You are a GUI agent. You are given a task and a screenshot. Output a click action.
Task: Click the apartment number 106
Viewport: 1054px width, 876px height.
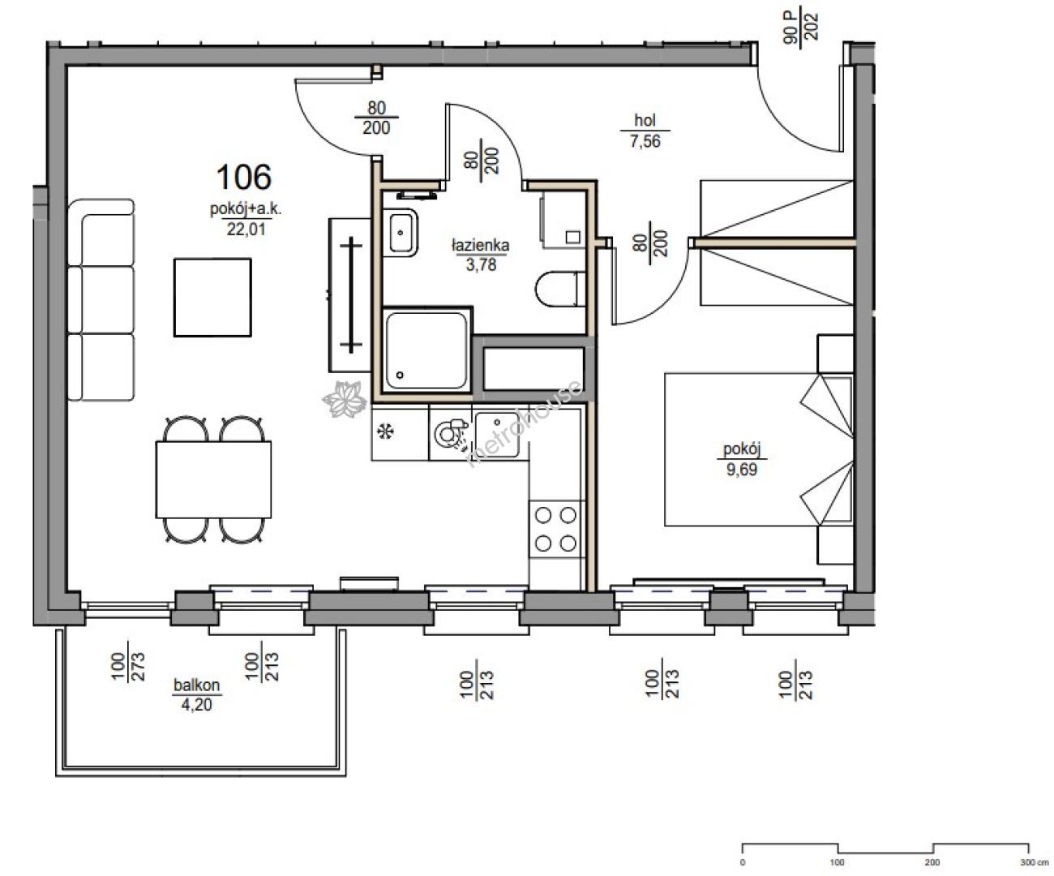point(244,177)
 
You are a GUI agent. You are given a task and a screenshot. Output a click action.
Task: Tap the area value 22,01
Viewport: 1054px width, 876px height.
point(246,230)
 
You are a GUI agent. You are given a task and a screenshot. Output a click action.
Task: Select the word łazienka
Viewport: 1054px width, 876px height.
point(481,246)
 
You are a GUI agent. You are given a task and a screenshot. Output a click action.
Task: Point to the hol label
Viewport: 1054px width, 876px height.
point(645,120)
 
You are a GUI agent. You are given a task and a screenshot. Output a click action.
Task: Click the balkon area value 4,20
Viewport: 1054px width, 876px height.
point(196,704)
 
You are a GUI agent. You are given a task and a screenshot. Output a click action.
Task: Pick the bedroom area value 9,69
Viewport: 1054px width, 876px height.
point(742,470)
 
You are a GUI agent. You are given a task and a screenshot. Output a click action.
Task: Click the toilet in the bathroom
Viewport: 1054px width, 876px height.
point(560,289)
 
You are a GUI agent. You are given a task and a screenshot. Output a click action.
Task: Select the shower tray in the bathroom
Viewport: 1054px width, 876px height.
point(426,350)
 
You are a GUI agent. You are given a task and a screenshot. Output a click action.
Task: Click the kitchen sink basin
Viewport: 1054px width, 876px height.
point(497,435)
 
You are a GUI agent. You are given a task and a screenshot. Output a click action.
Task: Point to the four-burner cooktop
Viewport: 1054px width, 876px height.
point(555,529)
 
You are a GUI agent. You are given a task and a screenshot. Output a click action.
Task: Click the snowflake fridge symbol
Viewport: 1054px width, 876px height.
point(386,432)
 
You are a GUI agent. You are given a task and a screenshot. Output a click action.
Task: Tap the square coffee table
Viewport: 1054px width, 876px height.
point(212,298)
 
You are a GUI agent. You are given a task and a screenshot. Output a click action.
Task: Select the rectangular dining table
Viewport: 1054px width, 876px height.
point(213,479)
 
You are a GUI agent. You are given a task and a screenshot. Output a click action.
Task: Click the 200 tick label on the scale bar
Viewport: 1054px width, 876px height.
point(932,862)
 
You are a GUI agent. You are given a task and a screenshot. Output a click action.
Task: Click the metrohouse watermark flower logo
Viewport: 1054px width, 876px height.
point(345,399)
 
